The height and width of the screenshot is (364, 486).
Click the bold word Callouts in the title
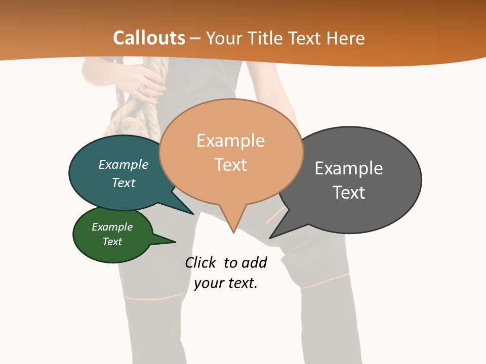click(149, 38)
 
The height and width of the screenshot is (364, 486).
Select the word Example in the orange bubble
click(230, 141)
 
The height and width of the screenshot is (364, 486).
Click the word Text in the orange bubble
click(230, 165)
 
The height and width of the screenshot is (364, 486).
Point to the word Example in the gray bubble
click(349, 168)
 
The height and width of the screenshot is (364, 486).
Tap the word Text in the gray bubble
click(349, 193)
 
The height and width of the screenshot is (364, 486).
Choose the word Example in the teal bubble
click(124, 165)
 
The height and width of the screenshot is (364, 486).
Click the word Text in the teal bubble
click(124, 183)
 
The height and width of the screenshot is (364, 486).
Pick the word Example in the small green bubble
click(112, 227)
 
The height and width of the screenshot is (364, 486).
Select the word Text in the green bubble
click(112, 242)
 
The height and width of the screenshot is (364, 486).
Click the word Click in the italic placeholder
click(200, 263)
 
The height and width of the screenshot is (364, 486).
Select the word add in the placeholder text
click(254, 263)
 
